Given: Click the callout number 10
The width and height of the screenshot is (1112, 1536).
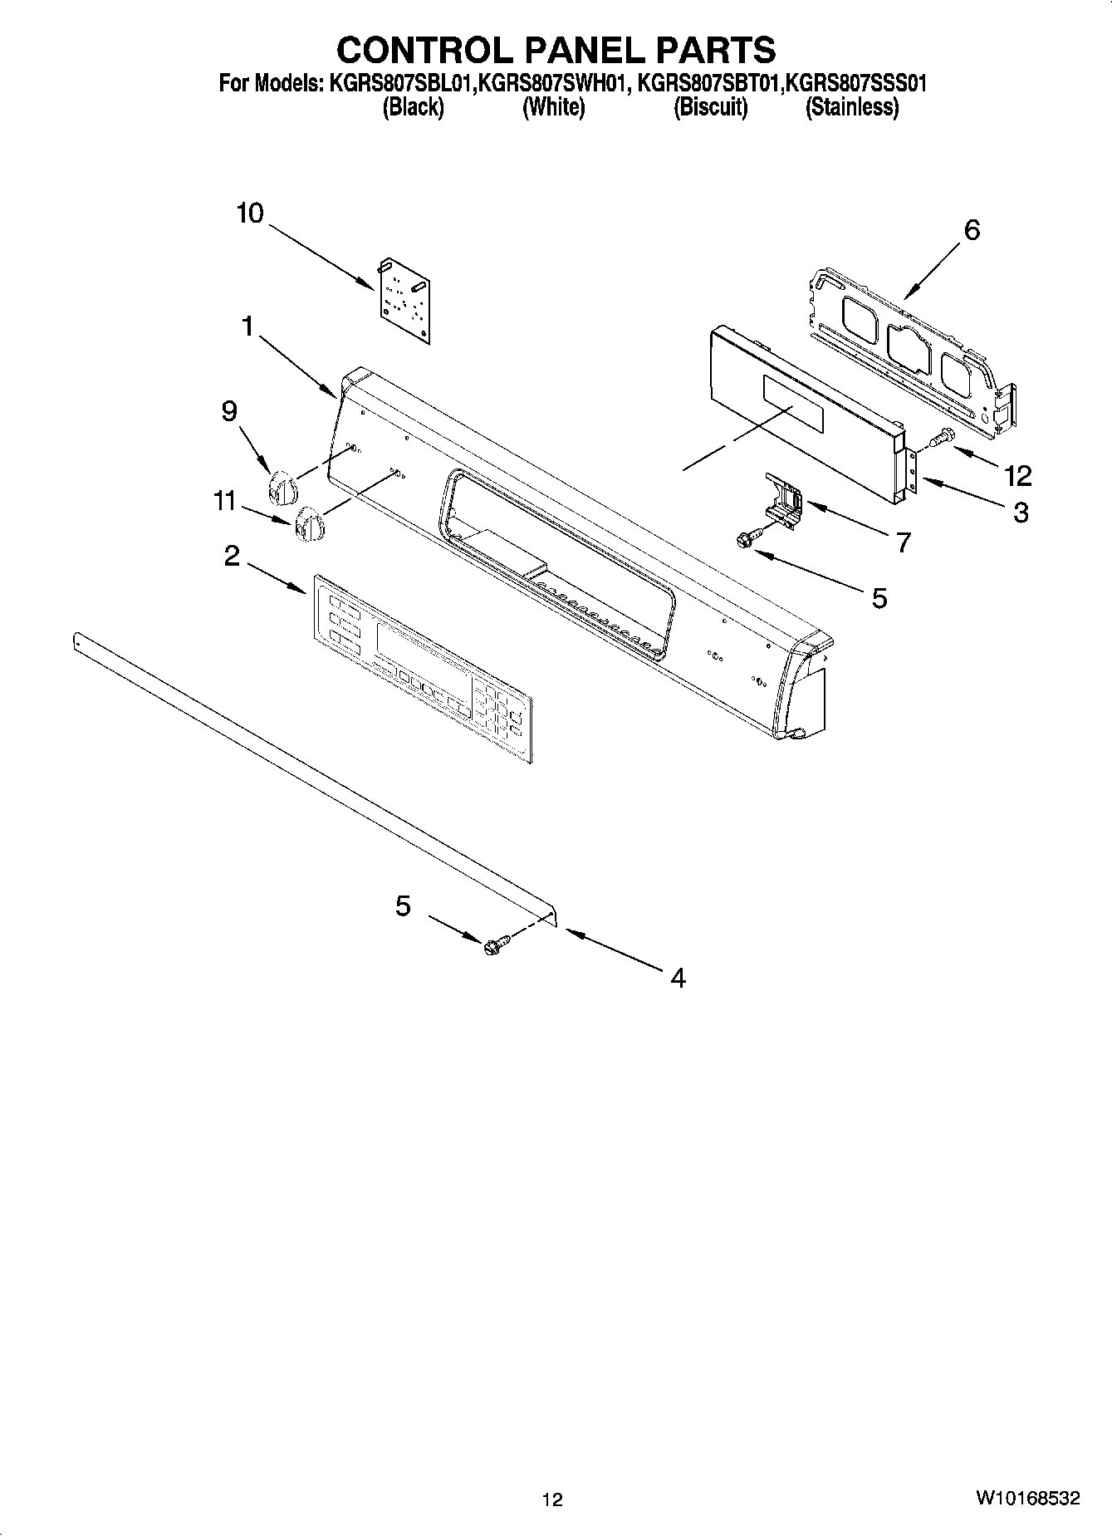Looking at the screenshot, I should pos(249,213).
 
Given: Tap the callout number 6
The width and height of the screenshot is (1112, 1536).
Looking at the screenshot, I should pos(971,229).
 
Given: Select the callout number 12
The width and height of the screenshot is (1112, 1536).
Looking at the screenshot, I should pos(1017,476).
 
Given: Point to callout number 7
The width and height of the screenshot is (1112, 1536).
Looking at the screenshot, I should pos(904,542).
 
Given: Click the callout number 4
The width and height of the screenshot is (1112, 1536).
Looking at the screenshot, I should pos(678,978).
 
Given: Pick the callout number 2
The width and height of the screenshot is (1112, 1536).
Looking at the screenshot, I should pos(232,556).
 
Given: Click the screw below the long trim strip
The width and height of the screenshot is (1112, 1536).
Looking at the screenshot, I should pos(495,945).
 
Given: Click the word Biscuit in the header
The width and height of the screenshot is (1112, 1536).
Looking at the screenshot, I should pos(710,108).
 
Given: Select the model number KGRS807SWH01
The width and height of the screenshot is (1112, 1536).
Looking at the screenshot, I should pos(551,84).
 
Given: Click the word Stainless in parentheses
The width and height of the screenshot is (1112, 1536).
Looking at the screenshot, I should pos(851,108).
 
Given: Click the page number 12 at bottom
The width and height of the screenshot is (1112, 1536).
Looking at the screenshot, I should pos(552,1499).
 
